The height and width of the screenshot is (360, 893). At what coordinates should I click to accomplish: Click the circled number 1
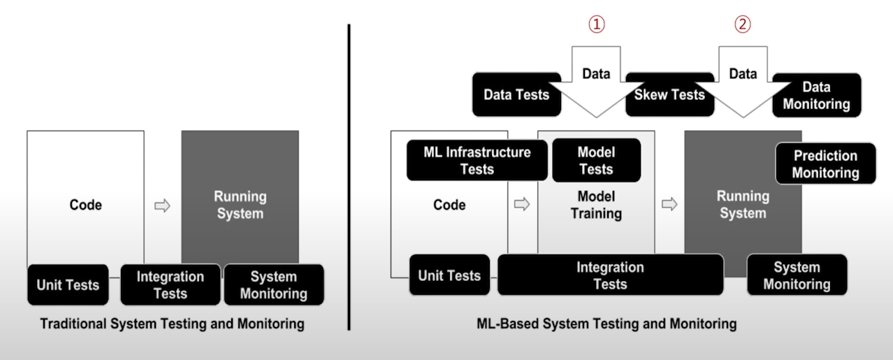[x=596, y=25]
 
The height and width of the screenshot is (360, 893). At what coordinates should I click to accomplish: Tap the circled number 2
[x=742, y=25]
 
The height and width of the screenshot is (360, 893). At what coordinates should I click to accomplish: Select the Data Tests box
[x=516, y=94]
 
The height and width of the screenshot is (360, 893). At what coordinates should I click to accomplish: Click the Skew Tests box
[x=669, y=94]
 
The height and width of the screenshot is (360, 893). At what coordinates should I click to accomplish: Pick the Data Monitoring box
[x=816, y=96]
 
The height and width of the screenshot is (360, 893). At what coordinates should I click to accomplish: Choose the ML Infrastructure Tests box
[x=477, y=160]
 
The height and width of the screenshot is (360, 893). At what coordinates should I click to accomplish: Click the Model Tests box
[x=596, y=160]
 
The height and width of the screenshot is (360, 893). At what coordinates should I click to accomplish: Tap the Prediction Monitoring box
[x=825, y=164]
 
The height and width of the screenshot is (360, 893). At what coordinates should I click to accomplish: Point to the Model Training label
[x=596, y=205]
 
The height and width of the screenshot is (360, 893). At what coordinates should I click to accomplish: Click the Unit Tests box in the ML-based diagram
[x=449, y=275]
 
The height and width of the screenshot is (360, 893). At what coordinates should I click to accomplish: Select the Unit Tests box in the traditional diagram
[x=68, y=285]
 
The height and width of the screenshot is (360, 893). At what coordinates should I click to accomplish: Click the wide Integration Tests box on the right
[x=610, y=275]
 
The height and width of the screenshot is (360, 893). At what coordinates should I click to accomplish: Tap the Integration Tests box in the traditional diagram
[x=170, y=285]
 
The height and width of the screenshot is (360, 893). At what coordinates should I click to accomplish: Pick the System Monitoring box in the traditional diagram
[x=273, y=285]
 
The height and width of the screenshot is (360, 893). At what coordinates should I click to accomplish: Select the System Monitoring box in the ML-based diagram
[x=797, y=275]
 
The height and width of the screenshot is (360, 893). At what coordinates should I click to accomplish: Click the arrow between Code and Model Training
[x=521, y=204]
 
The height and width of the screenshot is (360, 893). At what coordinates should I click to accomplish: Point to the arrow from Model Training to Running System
[x=669, y=204]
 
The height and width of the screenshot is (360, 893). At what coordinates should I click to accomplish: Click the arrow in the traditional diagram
[x=162, y=206]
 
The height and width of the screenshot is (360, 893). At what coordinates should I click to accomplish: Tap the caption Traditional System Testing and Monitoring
[x=172, y=324]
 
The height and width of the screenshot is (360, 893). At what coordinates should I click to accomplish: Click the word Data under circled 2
[x=742, y=73]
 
